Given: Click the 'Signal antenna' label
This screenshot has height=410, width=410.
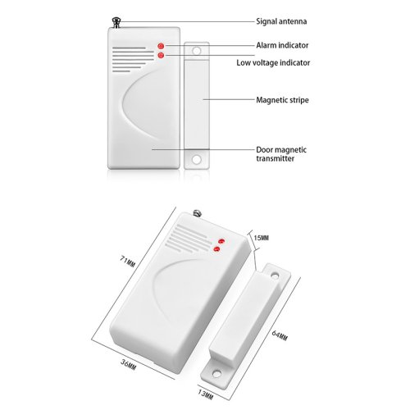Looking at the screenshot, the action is click(281, 21).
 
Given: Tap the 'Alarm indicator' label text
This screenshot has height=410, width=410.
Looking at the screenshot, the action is click(282, 45).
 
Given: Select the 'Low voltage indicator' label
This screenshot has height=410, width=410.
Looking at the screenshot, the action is click(273, 62).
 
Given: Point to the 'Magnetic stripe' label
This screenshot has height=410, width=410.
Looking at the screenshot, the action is click(282, 100).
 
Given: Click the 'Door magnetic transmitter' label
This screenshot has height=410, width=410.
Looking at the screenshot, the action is click(281, 154).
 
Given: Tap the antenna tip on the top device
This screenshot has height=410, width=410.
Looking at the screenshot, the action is click(116, 20).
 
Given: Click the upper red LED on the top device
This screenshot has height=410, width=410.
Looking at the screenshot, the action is click(161, 46).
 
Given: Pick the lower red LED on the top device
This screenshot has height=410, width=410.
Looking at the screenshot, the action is click(161, 55).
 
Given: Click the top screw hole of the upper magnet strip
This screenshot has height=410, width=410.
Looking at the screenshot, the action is click(197, 51).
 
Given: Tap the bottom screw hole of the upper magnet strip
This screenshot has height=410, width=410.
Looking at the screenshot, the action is click(197, 159).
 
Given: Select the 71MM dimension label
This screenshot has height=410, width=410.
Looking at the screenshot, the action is click(127, 262).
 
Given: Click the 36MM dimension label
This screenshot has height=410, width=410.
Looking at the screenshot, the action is click(128, 364).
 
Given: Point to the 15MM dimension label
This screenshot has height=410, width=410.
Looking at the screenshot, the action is click(261, 238).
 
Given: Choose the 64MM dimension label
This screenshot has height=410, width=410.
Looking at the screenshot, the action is click(280, 335).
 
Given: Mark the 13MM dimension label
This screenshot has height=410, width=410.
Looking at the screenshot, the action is click(205, 394).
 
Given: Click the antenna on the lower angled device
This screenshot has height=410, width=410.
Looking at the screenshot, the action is click(197, 213).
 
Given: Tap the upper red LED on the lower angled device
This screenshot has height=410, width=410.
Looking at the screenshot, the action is click(221, 241).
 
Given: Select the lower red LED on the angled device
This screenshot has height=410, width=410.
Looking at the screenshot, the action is click(216, 248).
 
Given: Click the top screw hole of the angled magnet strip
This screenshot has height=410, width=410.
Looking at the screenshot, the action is click(275, 276).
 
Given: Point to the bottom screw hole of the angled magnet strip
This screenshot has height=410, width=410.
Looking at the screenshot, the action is click(216, 372).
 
